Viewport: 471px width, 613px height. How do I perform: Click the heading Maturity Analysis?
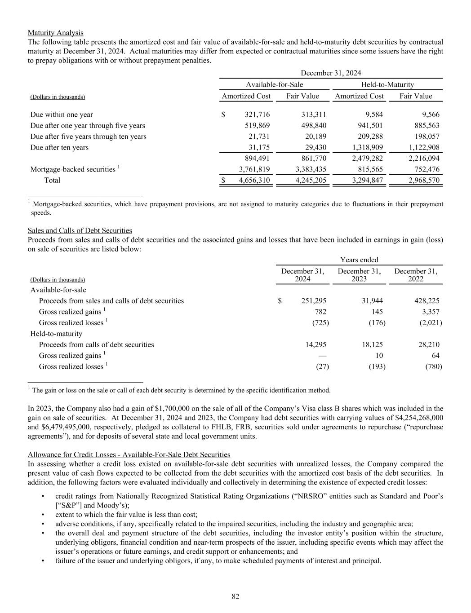pyautogui.click(x=55, y=33)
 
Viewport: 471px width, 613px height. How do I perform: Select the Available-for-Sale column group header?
pyautogui.click(x=274, y=84)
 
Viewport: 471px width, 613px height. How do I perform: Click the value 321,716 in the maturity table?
pyautogui.click(x=257, y=115)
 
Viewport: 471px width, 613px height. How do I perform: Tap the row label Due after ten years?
pyautogui.click(x=59, y=147)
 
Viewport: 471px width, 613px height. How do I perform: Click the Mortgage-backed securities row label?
pyautogui.click(x=73, y=169)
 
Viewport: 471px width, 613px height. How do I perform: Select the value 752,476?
pyautogui.click(x=424, y=169)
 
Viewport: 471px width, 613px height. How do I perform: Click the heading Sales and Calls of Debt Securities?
pyautogui.click(x=80, y=230)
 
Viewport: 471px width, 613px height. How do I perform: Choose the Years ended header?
pyautogui.click(x=359, y=260)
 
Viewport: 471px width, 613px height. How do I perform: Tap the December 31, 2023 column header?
pyautogui.click(x=359, y=275)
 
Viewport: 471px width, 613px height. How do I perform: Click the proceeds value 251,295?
pyautogui.click(x=311, y=301)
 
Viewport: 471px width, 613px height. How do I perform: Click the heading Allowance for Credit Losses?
pyautogui.click(x=129, y=454)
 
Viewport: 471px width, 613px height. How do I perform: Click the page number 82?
pyautogui.click(x=235, y=596)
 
